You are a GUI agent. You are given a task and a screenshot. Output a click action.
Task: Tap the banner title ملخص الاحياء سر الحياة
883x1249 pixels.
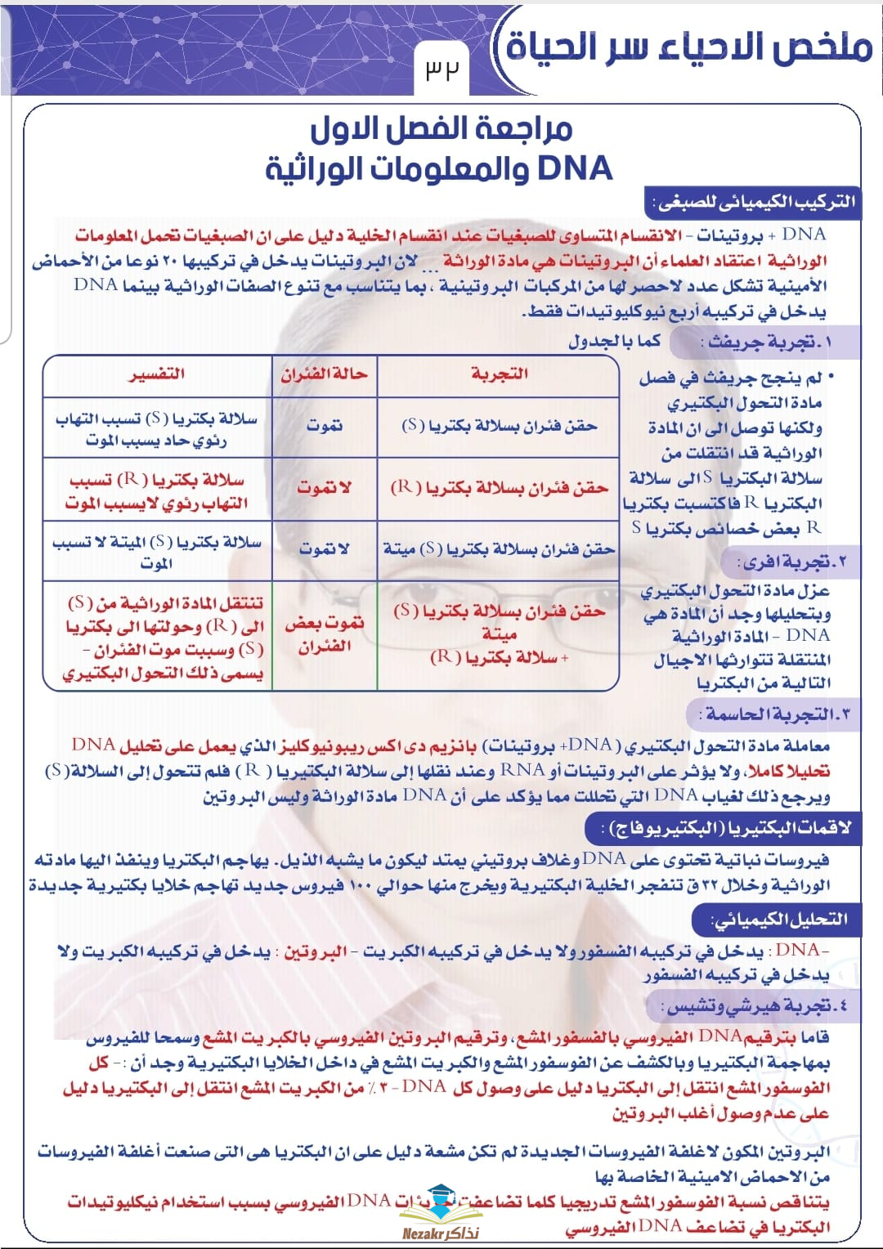(x=688, y=46)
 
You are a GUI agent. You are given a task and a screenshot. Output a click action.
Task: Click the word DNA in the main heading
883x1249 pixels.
(x=575, y=168)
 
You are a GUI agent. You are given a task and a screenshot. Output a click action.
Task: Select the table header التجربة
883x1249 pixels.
(x=499, y=374)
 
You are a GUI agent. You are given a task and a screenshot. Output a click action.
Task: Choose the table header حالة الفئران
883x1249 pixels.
(x=325, y=374)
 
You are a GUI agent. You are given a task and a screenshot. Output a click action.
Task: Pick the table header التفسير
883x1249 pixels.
(x=157, y=374)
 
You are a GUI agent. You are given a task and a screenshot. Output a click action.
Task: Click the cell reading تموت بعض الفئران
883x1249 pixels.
(x=325, y=634)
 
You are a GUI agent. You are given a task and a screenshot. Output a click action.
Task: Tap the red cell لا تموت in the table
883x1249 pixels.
(x=325, y=488)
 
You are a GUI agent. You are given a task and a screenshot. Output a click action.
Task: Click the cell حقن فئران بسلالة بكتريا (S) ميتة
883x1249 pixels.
(x=499, y=549)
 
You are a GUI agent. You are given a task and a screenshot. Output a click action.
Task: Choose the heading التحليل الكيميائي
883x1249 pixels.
(x=779, y=920)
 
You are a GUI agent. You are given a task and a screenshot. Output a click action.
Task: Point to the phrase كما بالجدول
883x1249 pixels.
(x=614, y=342)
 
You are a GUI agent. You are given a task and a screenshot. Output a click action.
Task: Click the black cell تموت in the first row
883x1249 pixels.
(x=325, y=426)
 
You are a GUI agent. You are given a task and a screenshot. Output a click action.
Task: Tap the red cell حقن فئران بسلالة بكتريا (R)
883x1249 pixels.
(x=499, y=488)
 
